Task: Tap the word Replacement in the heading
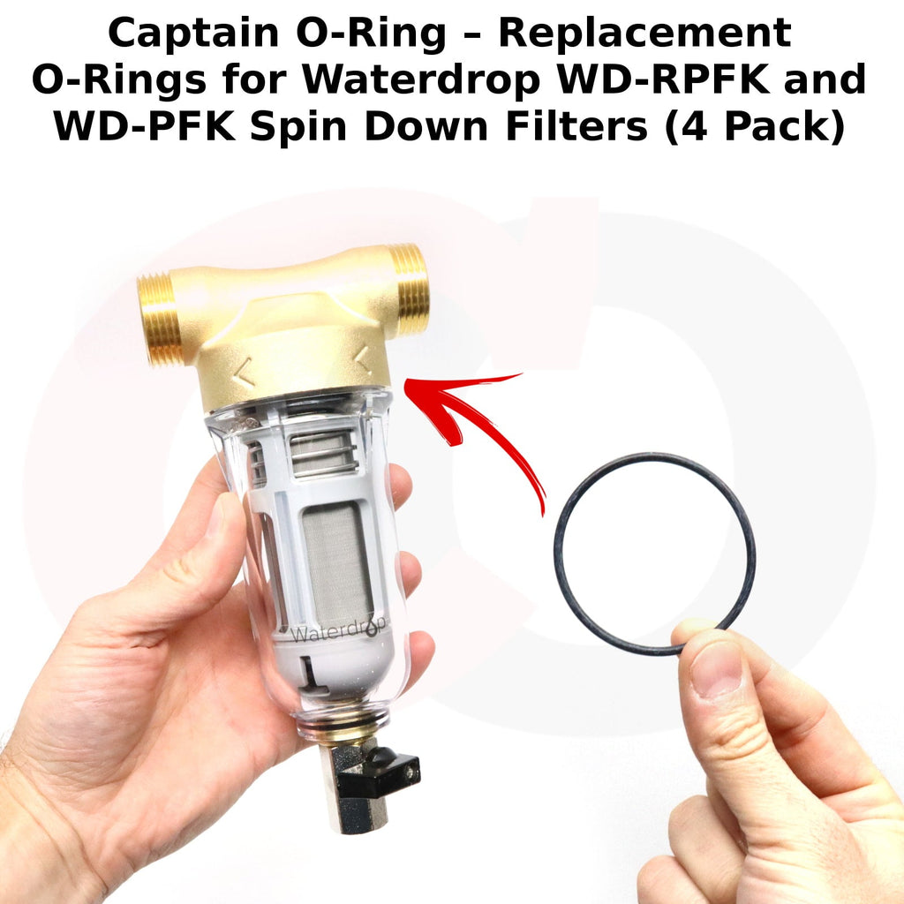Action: point(644,33)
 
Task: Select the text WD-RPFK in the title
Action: point(662,79)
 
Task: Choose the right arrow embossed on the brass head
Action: point(363,358)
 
